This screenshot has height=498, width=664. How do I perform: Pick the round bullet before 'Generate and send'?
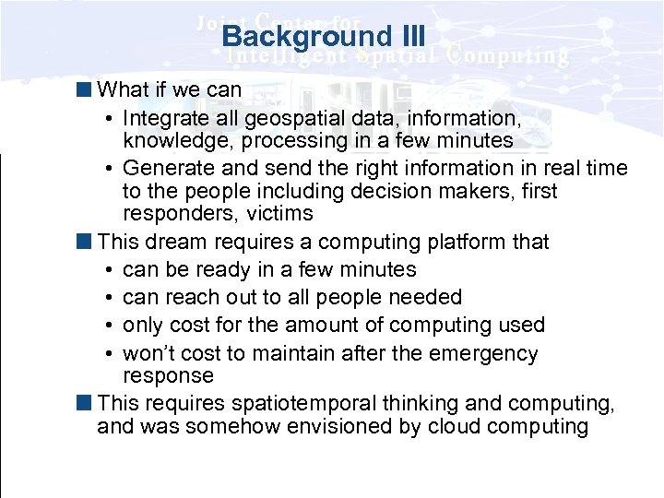[109, 169]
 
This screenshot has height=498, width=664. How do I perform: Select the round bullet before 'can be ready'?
[109, 270]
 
